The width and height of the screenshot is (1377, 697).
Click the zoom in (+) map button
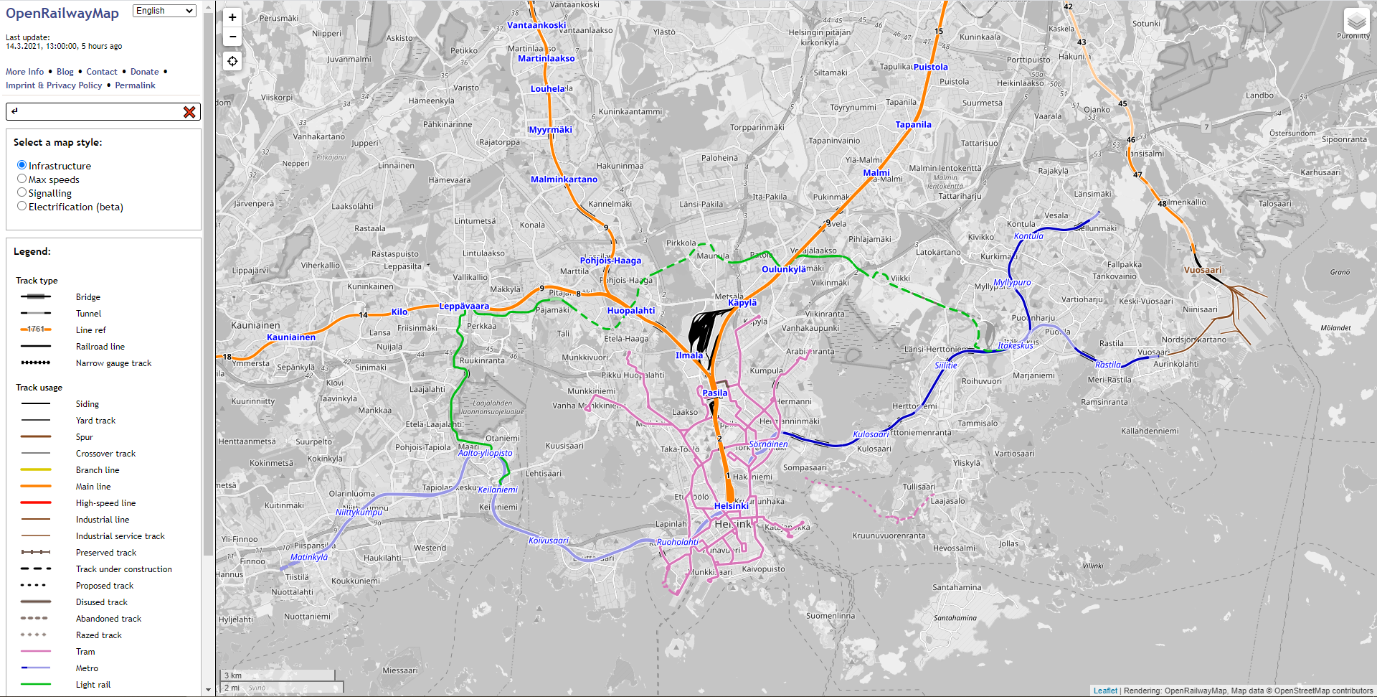point(232,17)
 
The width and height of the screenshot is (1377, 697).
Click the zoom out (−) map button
point(232,37)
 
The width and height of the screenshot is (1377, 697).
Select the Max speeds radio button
point(22,179)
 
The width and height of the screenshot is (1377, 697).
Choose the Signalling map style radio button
point(22,192)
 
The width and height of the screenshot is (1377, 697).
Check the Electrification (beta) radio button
point(22,206)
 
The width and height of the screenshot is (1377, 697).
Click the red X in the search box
point(189,112)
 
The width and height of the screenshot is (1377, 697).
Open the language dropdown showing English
point(164,11)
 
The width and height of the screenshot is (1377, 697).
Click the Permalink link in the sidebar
point(135,85)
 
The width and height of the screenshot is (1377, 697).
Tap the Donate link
point(144,72)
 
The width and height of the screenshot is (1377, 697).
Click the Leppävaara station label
point(464,306)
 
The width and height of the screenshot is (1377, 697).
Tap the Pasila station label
point(714,393)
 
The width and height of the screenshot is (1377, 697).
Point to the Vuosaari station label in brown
point(1203,271)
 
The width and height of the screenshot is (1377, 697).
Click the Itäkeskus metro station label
point(1015,345)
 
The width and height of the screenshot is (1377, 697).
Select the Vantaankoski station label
point(536,25)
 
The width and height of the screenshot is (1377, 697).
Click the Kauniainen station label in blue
point(291,337)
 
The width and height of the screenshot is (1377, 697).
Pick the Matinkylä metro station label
point(309,557)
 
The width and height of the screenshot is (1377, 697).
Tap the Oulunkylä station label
point(784,269)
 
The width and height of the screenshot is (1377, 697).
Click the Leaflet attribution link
point(1105,691)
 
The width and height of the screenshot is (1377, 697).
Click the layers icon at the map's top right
point(1356,22)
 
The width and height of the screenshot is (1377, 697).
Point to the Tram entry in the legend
point(85,652)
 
